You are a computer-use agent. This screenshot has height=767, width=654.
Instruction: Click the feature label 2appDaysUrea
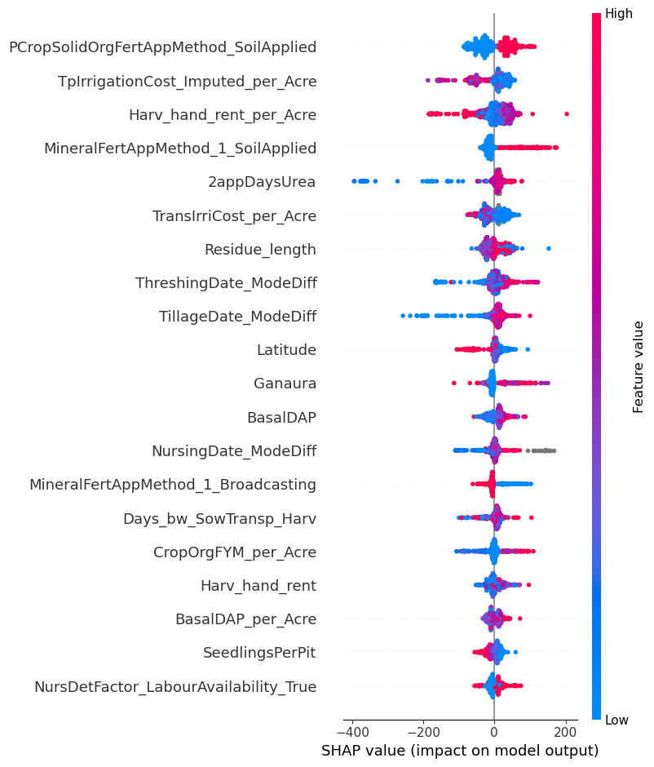point(262,182)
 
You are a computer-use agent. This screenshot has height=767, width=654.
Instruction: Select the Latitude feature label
point(286,350)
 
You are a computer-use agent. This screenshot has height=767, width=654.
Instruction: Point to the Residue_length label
point(260,249)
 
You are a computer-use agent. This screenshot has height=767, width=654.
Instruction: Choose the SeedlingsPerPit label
point(259,653)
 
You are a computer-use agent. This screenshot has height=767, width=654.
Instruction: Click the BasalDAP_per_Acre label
point(245,619)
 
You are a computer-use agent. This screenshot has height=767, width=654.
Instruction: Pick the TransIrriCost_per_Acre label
point(234,215)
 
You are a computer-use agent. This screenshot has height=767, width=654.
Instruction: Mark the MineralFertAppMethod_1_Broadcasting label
point(173,485)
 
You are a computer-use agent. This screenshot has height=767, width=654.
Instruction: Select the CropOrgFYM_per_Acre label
point(235,552)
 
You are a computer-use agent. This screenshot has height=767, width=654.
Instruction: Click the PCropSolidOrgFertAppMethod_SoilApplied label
point(162,47)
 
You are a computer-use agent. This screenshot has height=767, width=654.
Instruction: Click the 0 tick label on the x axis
point(494,729)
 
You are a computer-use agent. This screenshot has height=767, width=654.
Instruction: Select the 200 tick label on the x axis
point(565,729)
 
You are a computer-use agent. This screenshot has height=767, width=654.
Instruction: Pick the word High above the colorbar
point(618,14)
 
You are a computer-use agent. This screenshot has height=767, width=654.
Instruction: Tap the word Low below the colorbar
point(616,720)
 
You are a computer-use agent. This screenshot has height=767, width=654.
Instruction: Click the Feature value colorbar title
point(639,366)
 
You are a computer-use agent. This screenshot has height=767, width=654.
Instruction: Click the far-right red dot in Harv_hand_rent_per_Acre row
point(567,114)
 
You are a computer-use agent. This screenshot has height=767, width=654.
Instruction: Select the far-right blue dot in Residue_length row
point(549,248)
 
